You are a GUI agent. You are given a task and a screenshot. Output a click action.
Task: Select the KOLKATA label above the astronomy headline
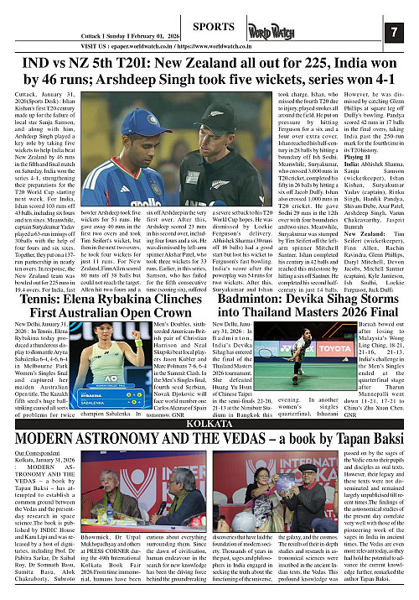(x=209, y=377)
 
